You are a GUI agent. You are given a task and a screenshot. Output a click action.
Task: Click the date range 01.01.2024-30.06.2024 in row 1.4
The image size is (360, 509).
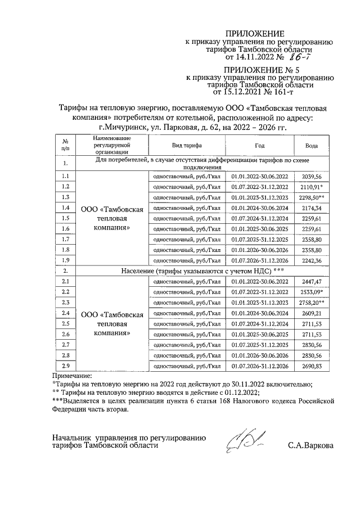(x=259, y=208)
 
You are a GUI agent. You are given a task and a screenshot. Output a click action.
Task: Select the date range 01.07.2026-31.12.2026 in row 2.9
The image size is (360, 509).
(x=259, y=366)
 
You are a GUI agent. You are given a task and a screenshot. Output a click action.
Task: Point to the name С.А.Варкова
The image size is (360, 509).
(x=310, y=446)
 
